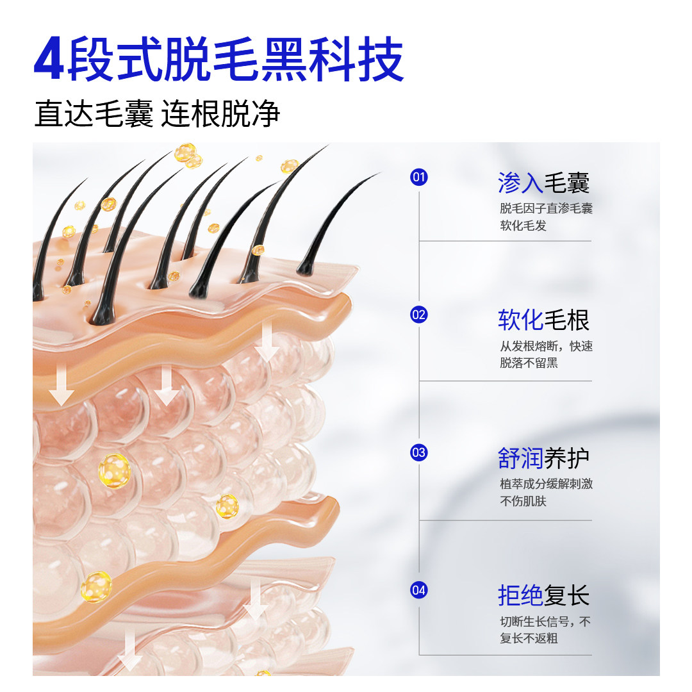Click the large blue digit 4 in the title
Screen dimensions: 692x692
(49, 61)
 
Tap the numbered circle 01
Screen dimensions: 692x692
(418, 177)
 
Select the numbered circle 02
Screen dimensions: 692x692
(418, 315)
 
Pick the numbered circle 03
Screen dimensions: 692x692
(418, 453)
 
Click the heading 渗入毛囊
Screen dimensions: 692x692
(543, 183)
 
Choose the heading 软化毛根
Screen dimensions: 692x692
(543, 320)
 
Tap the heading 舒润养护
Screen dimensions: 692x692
(543, 458)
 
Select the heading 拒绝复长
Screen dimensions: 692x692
(543, 596)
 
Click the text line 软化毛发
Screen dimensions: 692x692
(523, 226)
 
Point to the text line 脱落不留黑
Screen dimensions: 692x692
(529, 363)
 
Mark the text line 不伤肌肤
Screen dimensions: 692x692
(523, 501)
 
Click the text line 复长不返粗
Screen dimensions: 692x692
(529, 639)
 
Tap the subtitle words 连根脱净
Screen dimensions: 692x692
(221, 114)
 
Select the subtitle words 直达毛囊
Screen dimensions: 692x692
(94, 114)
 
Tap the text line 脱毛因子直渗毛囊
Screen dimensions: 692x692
(546, 209)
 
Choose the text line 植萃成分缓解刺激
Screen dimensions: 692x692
(546, 484)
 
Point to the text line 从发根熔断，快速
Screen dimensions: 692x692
(546, 347)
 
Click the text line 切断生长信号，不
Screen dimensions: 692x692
(546, 622)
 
